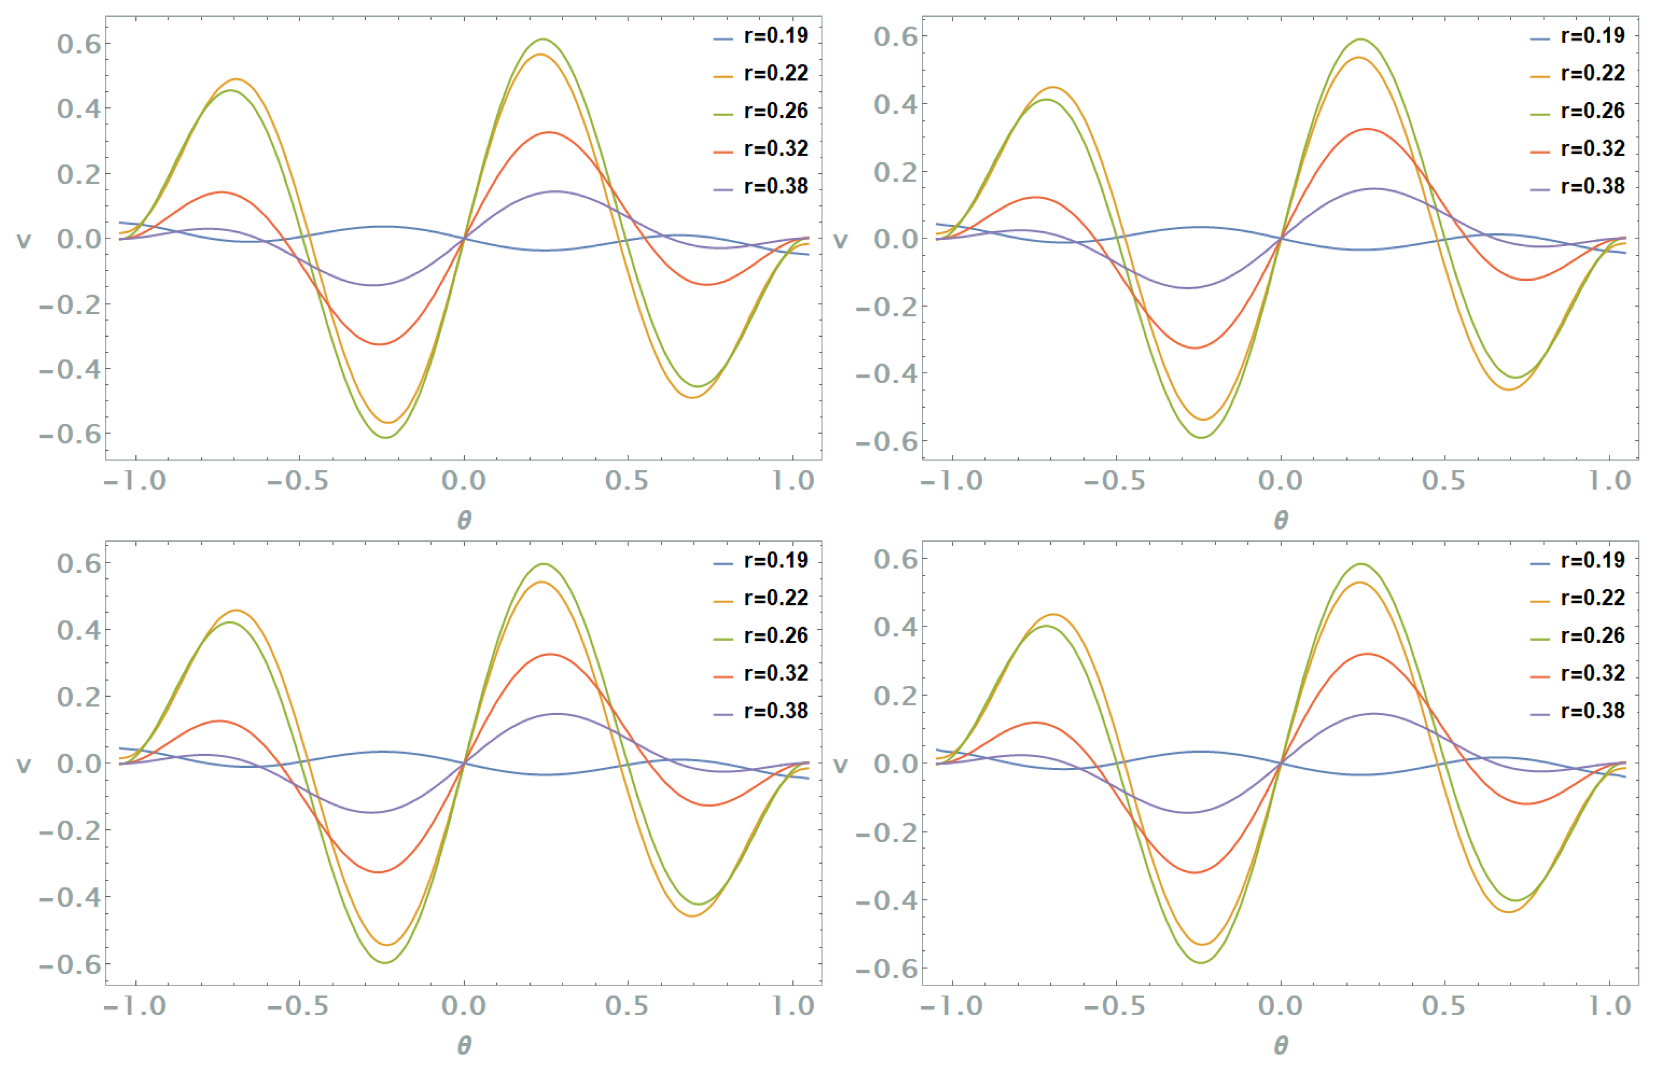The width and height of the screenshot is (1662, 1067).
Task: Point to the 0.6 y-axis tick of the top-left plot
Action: click(x=79, y=44)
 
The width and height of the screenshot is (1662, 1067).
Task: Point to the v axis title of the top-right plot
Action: click(x=840, y=240)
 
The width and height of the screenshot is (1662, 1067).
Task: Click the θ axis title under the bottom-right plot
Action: click(x=1280, y=1045)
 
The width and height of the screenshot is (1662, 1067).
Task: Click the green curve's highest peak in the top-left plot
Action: click(x=543, y=40)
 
